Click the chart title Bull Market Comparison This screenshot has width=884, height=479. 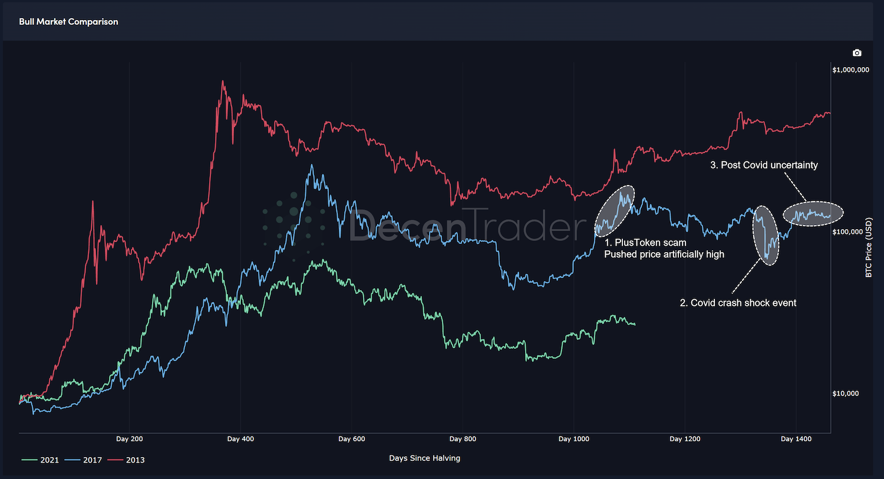(68, 22)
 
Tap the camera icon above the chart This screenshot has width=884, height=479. (857, 53)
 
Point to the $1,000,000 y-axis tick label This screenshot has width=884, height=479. (850, 70)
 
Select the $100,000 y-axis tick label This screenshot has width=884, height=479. (847, 232)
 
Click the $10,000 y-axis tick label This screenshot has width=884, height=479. (845, 394)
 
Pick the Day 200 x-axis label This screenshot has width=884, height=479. (129, 439)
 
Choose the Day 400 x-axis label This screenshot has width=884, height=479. (240, 439)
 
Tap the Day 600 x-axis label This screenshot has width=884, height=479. (352, 439)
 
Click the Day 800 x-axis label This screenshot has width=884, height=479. (463, 439)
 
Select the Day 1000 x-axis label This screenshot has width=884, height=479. (573, 439)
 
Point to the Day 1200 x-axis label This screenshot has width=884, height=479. (685, 439)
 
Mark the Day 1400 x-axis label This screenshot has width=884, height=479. (796, 439)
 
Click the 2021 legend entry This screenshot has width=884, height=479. (41, 460)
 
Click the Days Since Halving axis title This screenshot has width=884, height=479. (424, 458)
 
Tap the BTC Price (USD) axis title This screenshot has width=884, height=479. (868, 247)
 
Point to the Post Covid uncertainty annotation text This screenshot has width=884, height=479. (764, 166)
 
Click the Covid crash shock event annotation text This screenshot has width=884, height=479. (738, 303)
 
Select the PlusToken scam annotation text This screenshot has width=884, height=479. (645, 243)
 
